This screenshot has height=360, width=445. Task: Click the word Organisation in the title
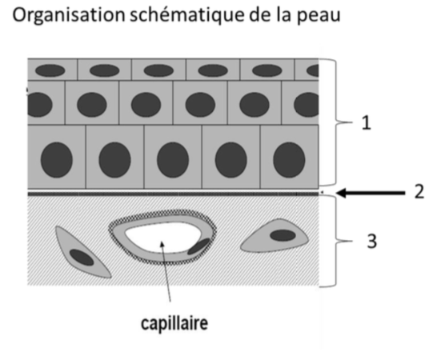pyautogui.click(x=69, y=16)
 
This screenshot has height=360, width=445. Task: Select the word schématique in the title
pyautogui.click(x=187, y=14)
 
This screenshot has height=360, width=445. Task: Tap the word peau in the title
pyautogui.click(x=319, y=17)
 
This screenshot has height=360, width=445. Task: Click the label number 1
pyautogui.click(x=367, y=123)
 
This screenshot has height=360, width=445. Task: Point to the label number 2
pyautogui.click(x=419, y=192)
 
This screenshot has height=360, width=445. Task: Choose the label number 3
pyautogui.click(x=372, y=241)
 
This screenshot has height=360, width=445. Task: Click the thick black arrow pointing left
pyautogui.click(x=371, y=193)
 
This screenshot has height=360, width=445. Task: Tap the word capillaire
pyautogui.click(x=174, y=323)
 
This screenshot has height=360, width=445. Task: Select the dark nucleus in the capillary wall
pyautogui.click(x=198, y=246)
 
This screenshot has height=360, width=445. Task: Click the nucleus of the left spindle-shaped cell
pyautogui.click(x=82, y=258)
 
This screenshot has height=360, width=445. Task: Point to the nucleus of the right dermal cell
pyautogui.click(x=283, y=235)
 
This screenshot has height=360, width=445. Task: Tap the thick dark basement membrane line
pyautogui.click(x=173, y=194)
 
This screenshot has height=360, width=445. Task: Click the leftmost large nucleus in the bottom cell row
pyautogui.click(x=57, y=160)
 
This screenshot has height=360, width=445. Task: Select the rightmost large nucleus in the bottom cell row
pyautogui.click(x=289, y=160)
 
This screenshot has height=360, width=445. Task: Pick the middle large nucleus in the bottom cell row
pyautogui.click(x=173, y=160)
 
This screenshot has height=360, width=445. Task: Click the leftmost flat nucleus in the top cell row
pyautogui.click(x=50, y=70)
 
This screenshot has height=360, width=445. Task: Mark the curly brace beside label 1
pyautogui.click(x=336, y=122)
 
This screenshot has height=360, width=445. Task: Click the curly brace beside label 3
pyautogui.click(x=336, y=241)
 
